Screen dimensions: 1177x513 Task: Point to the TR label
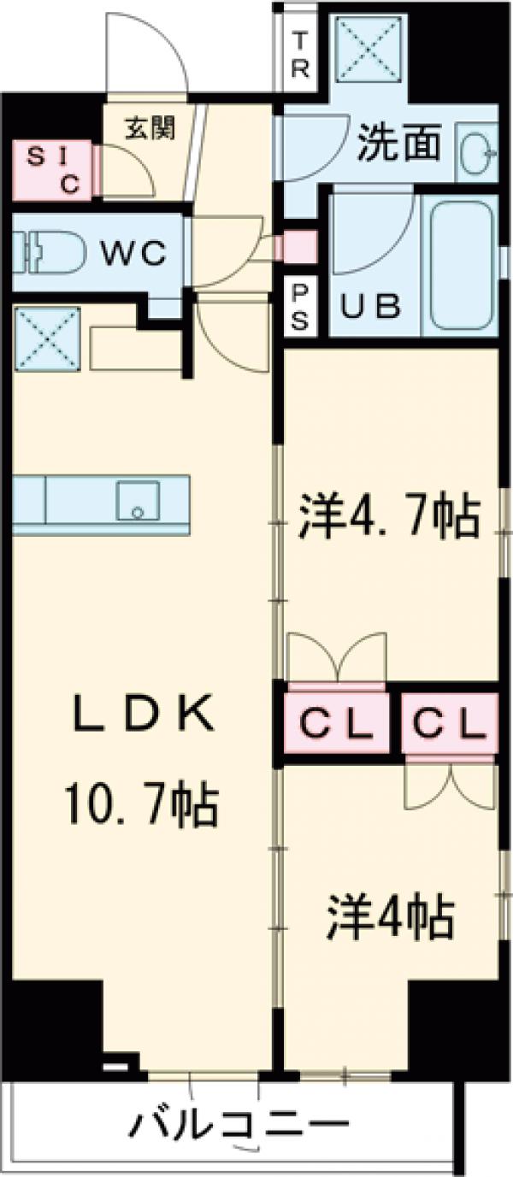pos(299,56)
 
